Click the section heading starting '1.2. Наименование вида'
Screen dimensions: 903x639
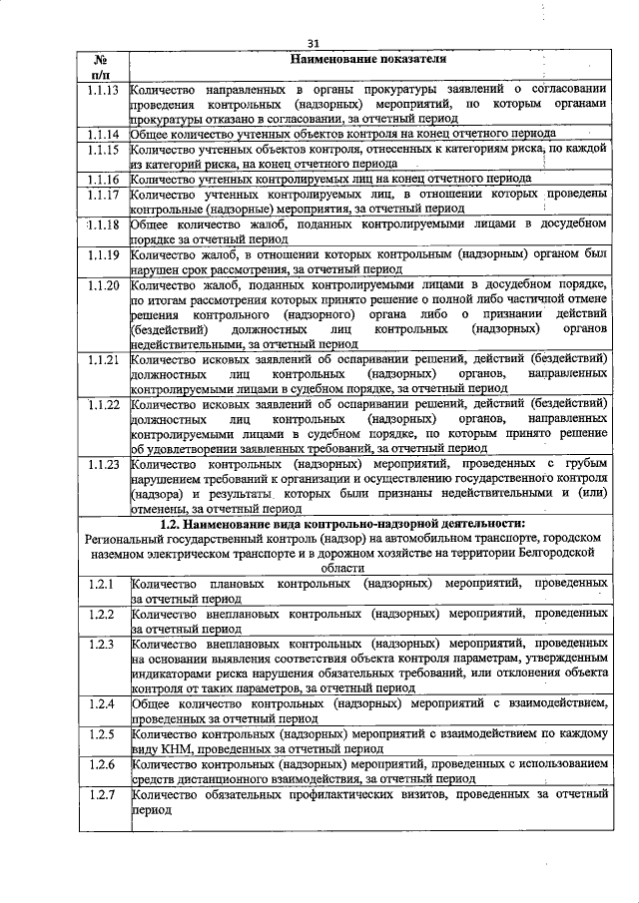coord(342,523)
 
